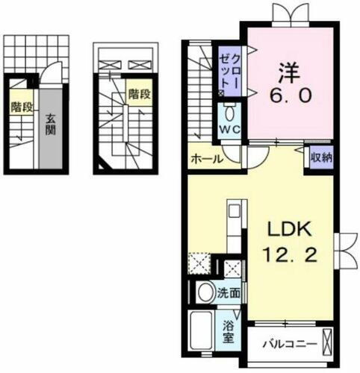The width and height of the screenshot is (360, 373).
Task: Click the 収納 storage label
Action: click(323, 157)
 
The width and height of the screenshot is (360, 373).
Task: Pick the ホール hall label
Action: click(205, 158)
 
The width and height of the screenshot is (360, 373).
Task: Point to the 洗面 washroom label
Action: click(229, 293)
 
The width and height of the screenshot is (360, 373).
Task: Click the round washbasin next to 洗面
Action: click(205, 292)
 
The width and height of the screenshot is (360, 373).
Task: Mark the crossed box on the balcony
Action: click(327, 344)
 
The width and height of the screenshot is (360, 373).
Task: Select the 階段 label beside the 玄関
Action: click(22, 107)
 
